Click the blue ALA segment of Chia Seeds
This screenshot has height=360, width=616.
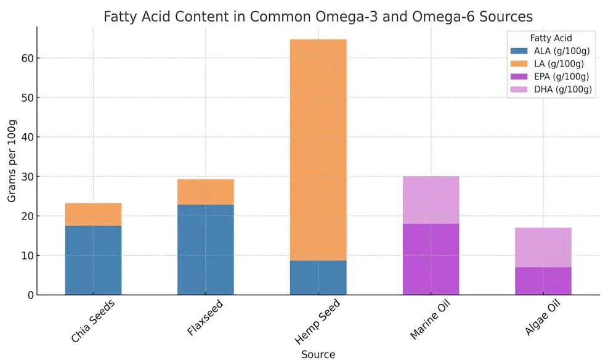93,260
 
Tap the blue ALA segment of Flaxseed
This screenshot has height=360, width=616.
206,250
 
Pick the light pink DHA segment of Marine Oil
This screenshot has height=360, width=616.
431,200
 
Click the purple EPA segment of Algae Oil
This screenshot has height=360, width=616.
543,280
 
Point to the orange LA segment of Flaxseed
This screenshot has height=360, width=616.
206,192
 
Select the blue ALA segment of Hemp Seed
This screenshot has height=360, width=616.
318,277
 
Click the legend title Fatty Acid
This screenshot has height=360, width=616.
551,38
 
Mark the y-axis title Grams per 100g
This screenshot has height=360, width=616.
12,160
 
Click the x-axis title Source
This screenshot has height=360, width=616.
318,354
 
